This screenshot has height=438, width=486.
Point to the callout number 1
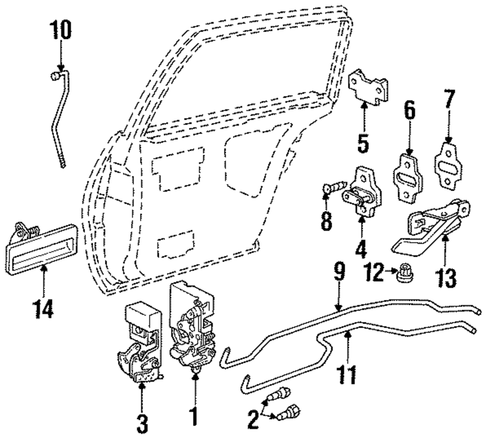(x=194, y=417)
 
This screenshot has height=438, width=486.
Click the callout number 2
(x=253, y=420)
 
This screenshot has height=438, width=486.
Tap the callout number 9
(x=339, y=273)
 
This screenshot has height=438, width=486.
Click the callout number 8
(x=326, y=220)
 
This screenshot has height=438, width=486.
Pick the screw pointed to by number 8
(x=335, y=187)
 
